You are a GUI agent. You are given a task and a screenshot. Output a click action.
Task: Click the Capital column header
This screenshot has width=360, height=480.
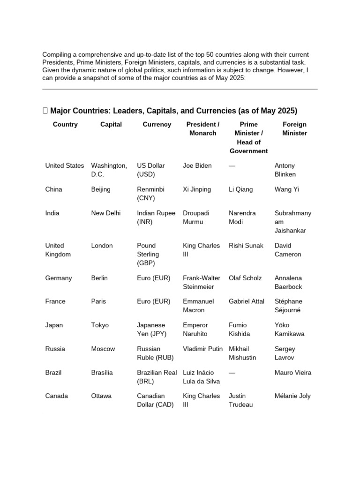tap(111, 124)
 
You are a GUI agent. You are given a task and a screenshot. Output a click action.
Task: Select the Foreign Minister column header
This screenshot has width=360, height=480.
tap(294, 128)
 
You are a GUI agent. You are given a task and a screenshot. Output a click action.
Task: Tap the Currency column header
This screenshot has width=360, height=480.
tap(157, 124)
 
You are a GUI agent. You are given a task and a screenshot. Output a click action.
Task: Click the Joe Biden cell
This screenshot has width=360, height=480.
tap(197, 165)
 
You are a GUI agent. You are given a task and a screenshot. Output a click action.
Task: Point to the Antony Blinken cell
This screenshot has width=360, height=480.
tap(285, 170)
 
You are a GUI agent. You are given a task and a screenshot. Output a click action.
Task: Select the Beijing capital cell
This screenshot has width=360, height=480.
tap(101, 189)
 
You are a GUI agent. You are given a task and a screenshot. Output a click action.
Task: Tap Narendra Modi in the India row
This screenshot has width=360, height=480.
tap(242, 217)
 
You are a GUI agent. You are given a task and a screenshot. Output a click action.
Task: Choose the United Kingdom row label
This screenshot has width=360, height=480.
tap(58, 250)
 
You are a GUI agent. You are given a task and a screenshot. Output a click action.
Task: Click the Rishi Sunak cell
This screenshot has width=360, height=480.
tap(246, 246)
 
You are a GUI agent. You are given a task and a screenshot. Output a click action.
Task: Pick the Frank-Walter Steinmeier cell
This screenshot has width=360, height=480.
tap(202, 282)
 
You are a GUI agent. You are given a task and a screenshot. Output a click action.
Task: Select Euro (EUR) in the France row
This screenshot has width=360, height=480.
tap(154, 301)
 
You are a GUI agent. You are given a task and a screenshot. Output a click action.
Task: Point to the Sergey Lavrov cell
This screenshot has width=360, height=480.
tap(285, 353)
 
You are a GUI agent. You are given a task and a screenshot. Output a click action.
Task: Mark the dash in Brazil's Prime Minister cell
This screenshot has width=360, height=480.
tap(233, 373)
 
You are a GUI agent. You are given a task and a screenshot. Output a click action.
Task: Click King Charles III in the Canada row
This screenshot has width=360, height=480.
tap(201, 400)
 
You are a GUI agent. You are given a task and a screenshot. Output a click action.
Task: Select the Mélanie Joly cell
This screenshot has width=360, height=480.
tap(292, 396)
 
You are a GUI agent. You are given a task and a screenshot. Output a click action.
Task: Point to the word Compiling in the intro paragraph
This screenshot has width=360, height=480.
tap(57, 54)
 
